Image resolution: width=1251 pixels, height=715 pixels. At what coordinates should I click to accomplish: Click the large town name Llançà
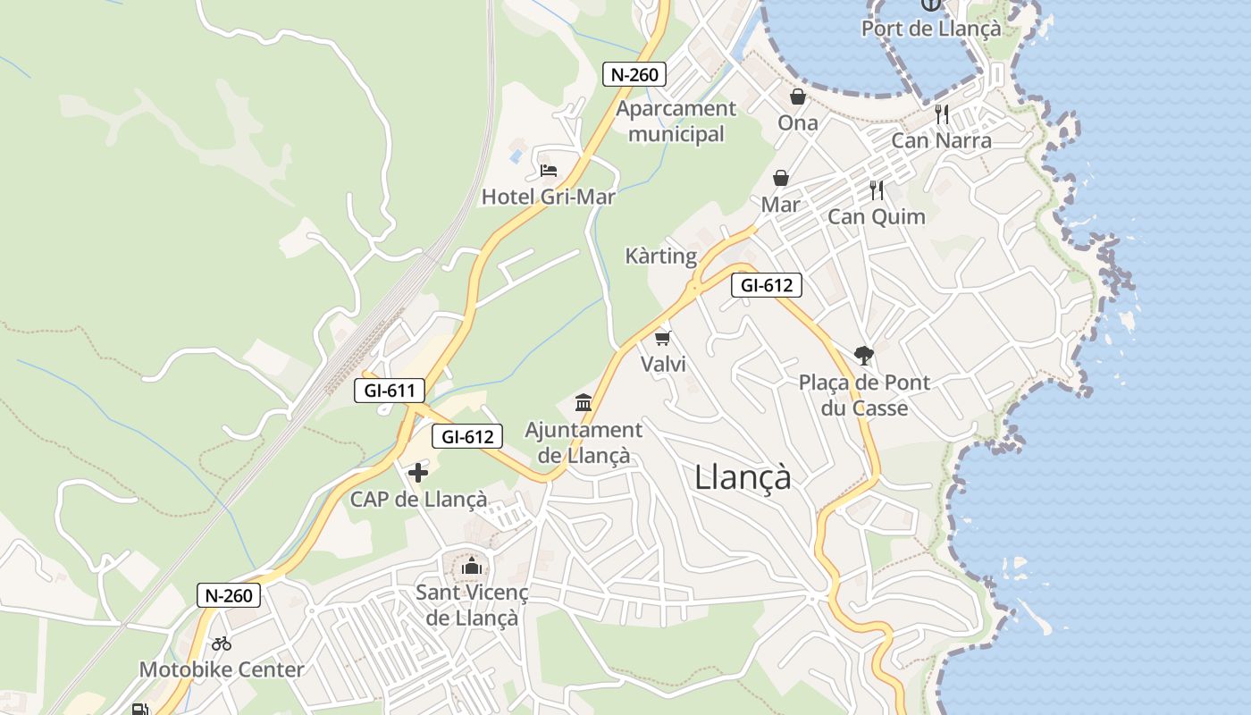pyautogui.click(x=743, y=478)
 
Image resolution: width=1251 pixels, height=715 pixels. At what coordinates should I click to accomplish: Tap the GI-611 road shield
pyautogui.click(x=389, y=391)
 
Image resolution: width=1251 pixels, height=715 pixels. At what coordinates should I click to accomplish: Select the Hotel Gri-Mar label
pyautogui.click(x=548, y=197)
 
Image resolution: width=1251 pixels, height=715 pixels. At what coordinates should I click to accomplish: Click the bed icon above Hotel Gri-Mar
pyautogui.click(x=548, y=170)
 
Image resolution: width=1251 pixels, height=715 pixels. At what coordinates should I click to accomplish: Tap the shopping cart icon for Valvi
pyautogui.click(x=662, y=338)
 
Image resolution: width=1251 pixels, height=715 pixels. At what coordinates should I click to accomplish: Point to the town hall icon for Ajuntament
pyautogui.click(x=584, y=403)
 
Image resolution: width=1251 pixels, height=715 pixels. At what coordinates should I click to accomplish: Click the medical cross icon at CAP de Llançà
pyautogui.click(x=417, y=473)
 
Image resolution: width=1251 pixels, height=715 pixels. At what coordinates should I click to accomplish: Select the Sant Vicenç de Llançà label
pyautogui.click(x=472, y=605)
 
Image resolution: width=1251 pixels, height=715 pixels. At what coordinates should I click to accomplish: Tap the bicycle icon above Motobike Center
pyautogui.click(x=222, y=643)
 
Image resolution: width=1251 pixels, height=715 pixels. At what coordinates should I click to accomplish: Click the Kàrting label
pyautogui.click(x=660, y=257)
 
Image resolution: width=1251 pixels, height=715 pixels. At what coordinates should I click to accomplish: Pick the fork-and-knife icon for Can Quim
pyautogui.click(x=877, y=189)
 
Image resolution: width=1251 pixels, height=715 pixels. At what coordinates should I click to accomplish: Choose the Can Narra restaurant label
pyautogui.click(x=941, y=140)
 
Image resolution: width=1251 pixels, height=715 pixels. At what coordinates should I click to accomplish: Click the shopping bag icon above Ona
pyautogui.click(x=797, y=97)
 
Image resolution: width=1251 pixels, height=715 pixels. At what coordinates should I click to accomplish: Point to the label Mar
pyautogui.click(x=780, y=205)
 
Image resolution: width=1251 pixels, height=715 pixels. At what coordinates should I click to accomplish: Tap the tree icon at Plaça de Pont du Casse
pyautogui.click(x=863, y=356)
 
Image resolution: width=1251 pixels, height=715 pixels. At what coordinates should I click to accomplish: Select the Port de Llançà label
pyautogui.click(x=931, y=29)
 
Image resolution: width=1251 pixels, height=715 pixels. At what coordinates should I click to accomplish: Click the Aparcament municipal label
pyautogui.click(x=676, y=122)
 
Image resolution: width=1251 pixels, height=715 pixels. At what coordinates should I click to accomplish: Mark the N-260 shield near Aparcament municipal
pyautogui.click(x=634, y=74)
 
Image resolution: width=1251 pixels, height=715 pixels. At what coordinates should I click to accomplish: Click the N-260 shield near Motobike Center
pyautogui.click(x=228, y=595)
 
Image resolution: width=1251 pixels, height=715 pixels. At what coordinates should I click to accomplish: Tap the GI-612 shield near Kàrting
pyautogui.click(x=766, y=285)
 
